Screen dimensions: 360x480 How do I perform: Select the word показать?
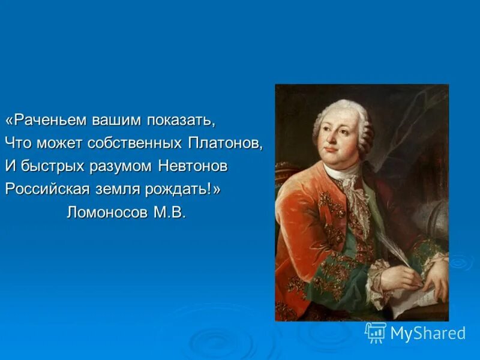click(180, 120)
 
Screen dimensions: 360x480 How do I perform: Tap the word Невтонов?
click(194, 166)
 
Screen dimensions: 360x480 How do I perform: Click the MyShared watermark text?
click(428, 334)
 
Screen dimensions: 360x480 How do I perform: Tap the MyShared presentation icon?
click(376, 332)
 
